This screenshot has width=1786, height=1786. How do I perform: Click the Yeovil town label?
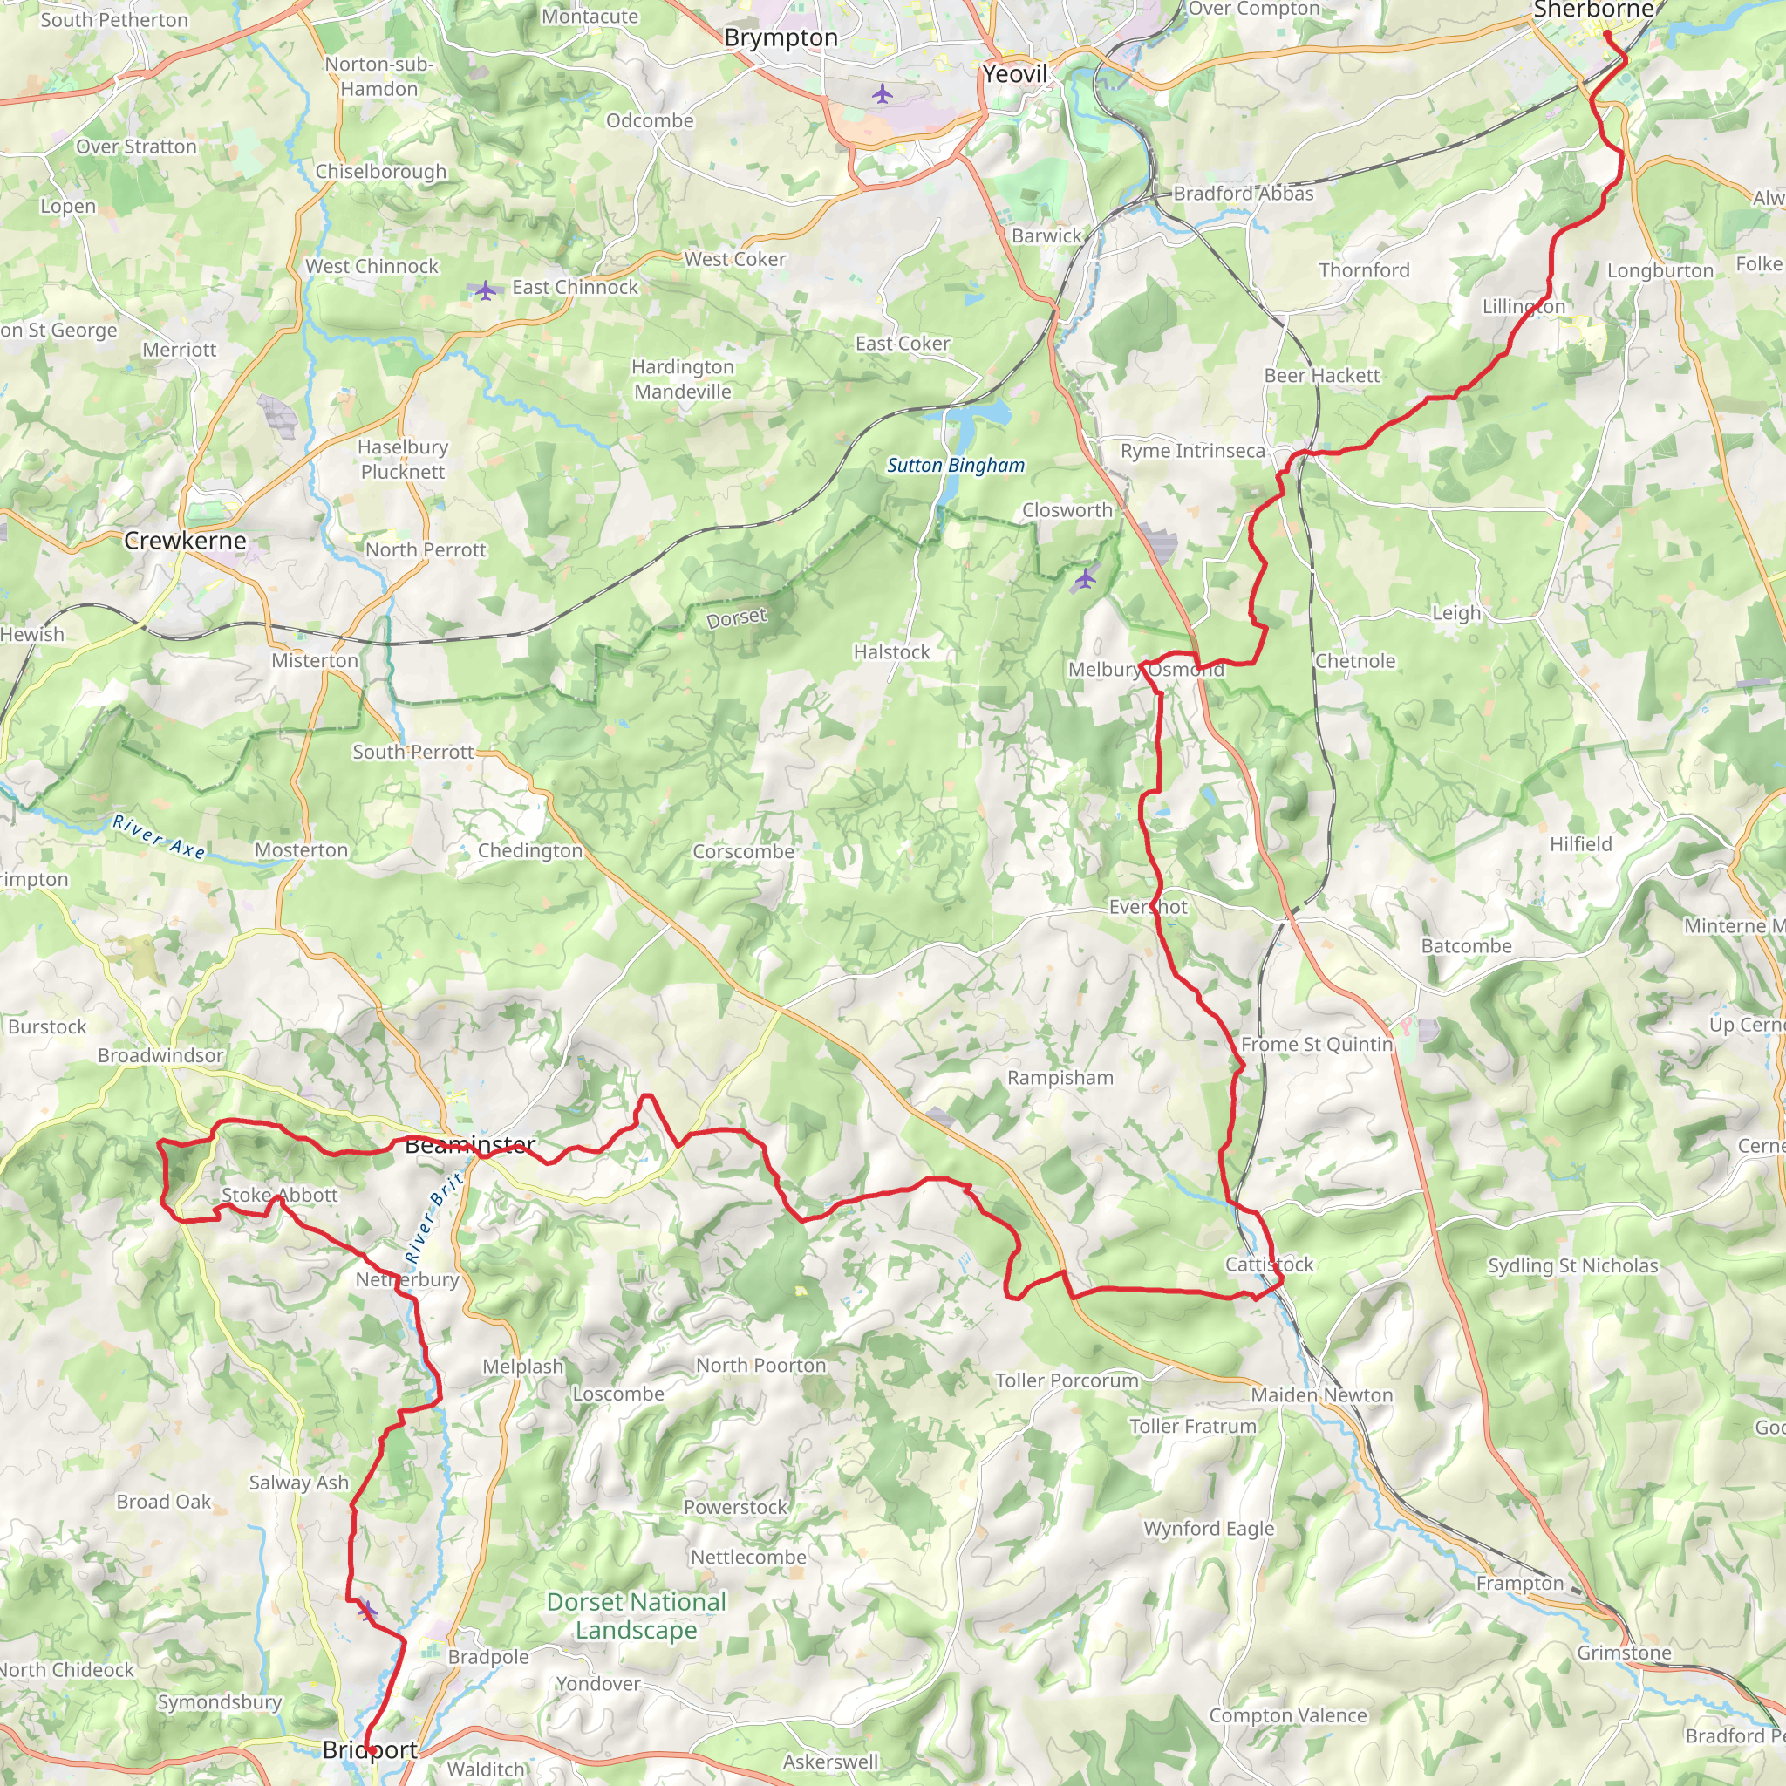[x=1015, y=74]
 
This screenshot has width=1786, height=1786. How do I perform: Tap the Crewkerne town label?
[x=185, y=541]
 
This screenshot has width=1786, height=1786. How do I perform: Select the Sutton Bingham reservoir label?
[x=956, y=465]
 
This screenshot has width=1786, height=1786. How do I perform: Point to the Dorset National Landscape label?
[x=636, y=1615]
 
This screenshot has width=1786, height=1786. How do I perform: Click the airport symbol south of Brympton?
[x=882, y=93]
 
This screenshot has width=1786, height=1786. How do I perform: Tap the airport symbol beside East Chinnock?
[x=486, y=290]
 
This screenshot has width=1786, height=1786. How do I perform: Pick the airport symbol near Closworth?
[x=1084, y=579]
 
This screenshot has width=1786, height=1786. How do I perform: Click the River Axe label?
[x=159, y=835]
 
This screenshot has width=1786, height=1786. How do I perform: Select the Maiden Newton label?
[x=1321, y=1395]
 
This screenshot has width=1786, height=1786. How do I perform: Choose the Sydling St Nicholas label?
[x=1572, y=1265]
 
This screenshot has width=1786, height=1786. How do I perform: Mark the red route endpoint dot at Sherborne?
[x=1606, y=34]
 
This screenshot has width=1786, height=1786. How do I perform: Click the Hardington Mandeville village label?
[x=682, y=379]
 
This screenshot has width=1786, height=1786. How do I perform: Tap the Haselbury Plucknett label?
[x=402, y=460]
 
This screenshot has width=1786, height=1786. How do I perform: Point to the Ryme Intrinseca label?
[x=1192, y=451]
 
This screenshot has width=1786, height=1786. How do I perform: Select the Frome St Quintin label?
[x=1316, y=1044]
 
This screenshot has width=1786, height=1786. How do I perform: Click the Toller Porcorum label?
[x=1067, y=1380]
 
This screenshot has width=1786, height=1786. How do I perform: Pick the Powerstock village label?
[x=735, y=1507]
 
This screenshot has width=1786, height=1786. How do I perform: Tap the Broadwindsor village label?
[x=160, y=1055]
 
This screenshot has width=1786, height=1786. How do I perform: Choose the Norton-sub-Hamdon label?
[x=379, y=77]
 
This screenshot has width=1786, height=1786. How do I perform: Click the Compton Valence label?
[x=1288, y=1714]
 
